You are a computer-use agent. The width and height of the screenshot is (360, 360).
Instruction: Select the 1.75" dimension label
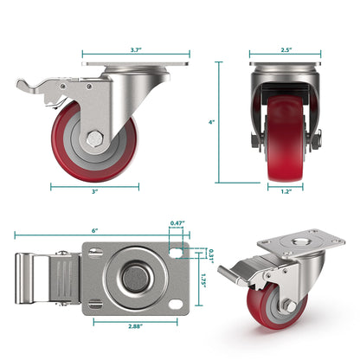pos(203,279)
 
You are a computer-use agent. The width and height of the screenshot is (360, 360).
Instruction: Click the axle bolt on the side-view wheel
pos(93,137)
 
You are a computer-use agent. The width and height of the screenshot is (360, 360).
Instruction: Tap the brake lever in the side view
pos(36,87)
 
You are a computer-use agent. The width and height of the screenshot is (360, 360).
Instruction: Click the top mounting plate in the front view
pos(284,64)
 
